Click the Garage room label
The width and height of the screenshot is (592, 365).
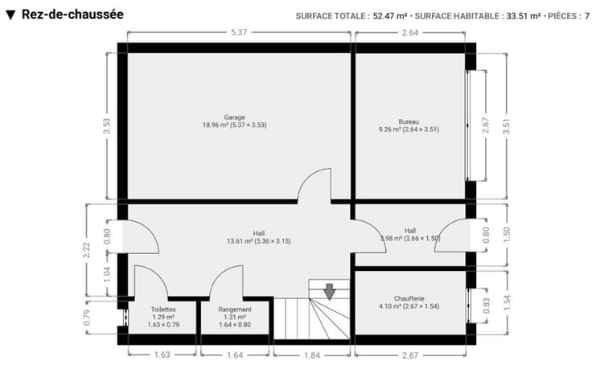pyautogui.click(x=234, y=117)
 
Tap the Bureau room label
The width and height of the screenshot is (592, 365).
pyautogui.click(x=409, y=122)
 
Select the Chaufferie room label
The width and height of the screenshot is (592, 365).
pyautogui.click(x=409, y=298)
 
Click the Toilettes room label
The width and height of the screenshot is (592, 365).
pyautogui.click(x=163, y=310)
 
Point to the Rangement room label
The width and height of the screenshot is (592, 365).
pyautogui.click(x=235, y=310)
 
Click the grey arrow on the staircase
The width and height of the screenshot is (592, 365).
pyautogui.click(x=330, y=292)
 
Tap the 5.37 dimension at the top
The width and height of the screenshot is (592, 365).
pyautogui.click(x=239, y=32)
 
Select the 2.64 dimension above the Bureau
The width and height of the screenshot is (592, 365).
pyautogui.click(x=410, y=32)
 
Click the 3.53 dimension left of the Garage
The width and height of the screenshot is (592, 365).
pyautogui.click(x=107, y=126)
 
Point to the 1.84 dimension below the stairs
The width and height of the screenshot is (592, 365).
pyautogui.click(x=312, y=355)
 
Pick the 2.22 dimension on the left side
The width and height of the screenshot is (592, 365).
pyautogui.click(x=86, y=250)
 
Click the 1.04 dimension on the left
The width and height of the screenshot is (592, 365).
pyautogui.click(x=107, y=275)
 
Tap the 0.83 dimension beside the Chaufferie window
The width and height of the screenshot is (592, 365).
pyautogui.click(x=487, y=306)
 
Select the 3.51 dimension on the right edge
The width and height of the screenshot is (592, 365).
pyautogui.click(x=507, y=126)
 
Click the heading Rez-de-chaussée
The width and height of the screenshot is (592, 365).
pyautogui.click(x=72, y=14)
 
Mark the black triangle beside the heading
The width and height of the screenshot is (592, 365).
pyautogui.click(x=10, y=15)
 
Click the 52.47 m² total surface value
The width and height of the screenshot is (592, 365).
pyautogui.click(x=390, y=16)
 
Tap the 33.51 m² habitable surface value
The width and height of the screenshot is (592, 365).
pyautogui.click(x=524, y=16)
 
